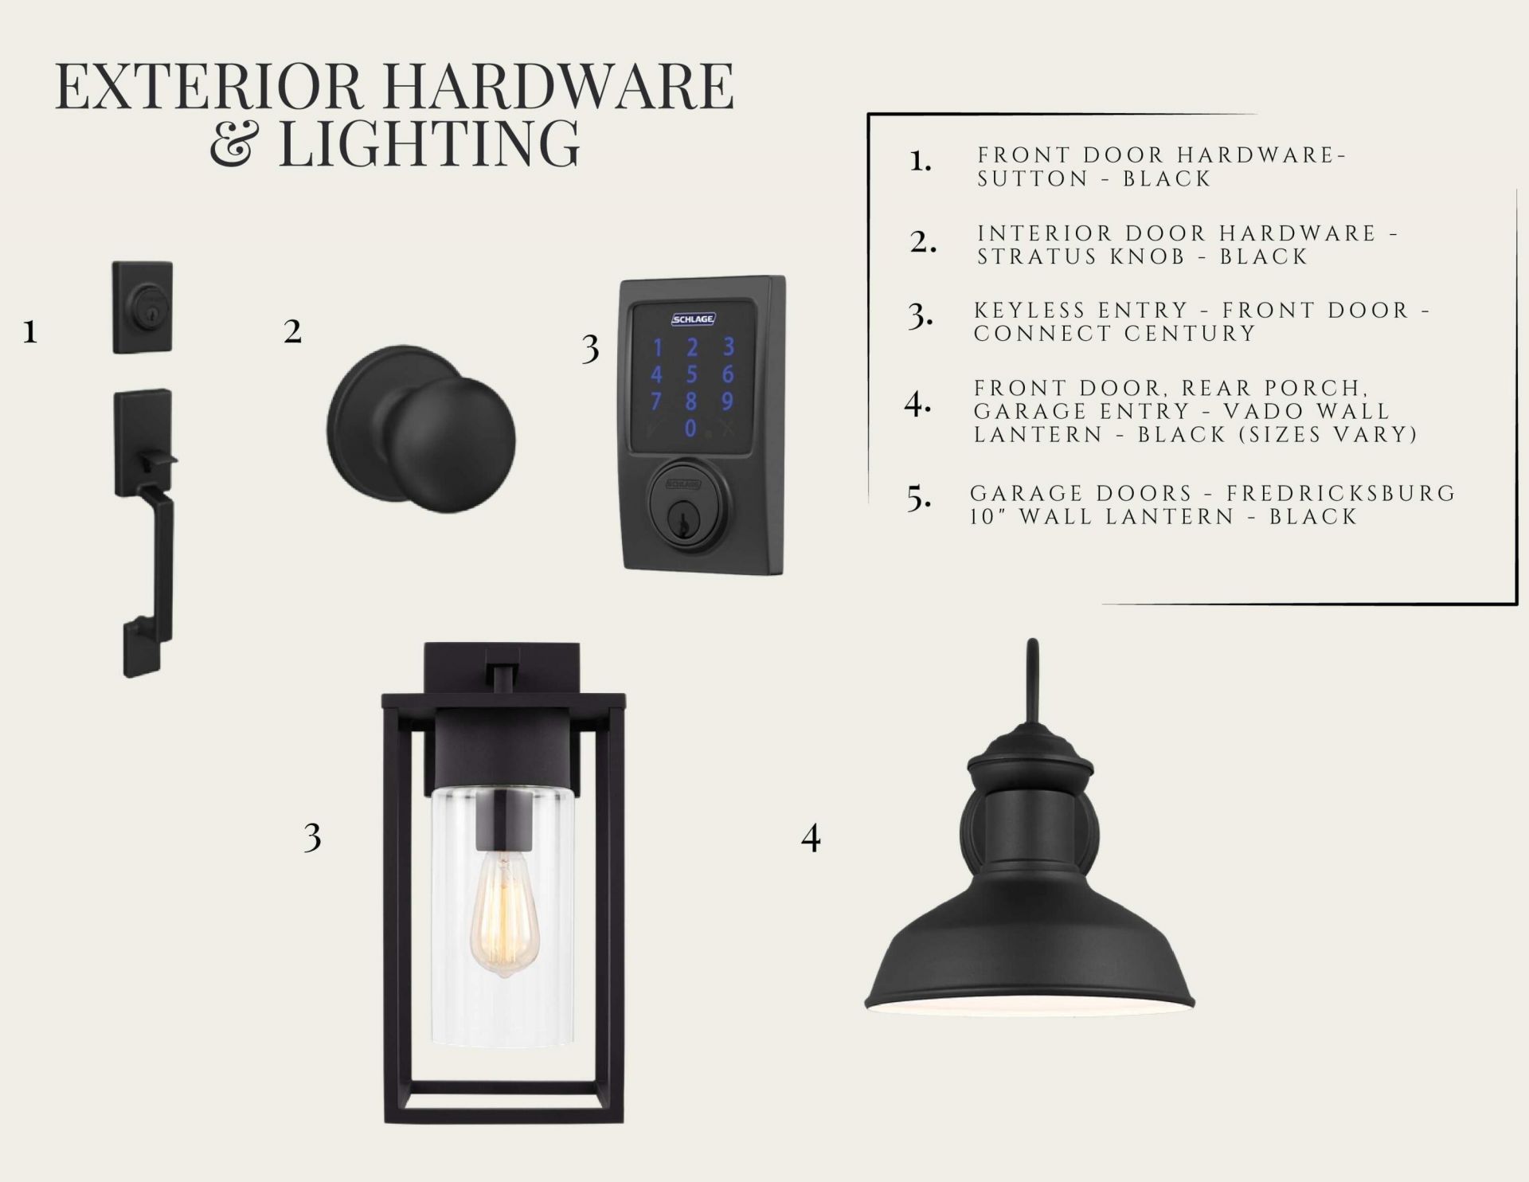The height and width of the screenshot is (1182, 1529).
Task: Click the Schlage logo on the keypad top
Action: pos(693,319)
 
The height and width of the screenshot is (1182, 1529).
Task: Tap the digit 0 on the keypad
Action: pos(691,429)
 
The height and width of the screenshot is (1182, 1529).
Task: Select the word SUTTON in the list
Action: pos(1033,178)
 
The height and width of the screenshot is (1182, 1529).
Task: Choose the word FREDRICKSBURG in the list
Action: pos(1341,493)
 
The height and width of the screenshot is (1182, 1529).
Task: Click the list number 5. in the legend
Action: pos(919,499)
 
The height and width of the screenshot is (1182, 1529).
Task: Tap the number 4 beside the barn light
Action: pos(811,838)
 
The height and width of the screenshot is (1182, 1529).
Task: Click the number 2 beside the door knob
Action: pos(292,331)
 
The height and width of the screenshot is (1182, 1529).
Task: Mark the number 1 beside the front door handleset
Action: pos(30,331)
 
